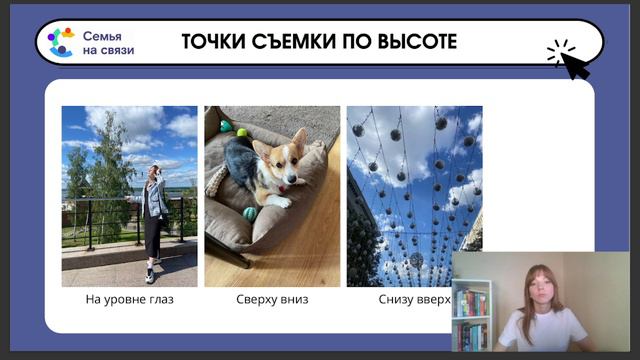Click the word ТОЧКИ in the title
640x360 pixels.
tap(213, 42)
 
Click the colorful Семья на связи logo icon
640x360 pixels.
tap(60, 42)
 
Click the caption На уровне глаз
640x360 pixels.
tap(129, 299)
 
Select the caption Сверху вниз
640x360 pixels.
tap(272, 299)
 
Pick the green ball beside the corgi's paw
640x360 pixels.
tap(249, 213)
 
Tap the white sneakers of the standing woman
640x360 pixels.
tap(151, 274)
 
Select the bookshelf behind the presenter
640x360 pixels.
tap(471, 312)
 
